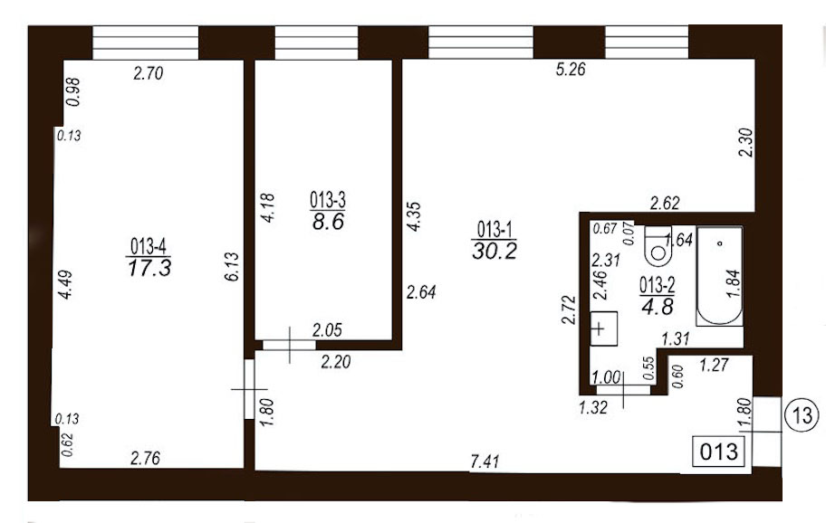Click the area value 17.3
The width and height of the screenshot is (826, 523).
point(149,267)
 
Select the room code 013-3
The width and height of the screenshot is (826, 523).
point(327,200)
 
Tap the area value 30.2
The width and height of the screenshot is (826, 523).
point(495,251)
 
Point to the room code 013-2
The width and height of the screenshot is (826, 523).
point(657,286)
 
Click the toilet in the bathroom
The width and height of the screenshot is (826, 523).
point(658,246)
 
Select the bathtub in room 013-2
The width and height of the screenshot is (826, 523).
point(720,276)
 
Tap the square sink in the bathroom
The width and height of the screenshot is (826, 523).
point(603,328)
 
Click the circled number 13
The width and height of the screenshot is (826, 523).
point(802,415)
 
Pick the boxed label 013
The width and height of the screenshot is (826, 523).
point(719,452)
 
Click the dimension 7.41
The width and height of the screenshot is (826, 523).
point(485,462)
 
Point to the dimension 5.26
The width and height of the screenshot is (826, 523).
point(571,69)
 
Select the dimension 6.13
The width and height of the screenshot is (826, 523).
point(232,267)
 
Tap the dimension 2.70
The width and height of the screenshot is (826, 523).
point(148,72)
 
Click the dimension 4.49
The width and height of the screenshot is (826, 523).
point(65,285)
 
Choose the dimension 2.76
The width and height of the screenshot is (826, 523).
point(145,458)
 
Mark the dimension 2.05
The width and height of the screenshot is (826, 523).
point(327,330)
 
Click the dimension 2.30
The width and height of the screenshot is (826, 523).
point(747,143)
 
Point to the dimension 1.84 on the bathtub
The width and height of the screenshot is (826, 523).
point(734,283)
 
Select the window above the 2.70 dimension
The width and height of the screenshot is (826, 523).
point(146,43)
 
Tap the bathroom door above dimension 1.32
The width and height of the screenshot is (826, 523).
point(624,390)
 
